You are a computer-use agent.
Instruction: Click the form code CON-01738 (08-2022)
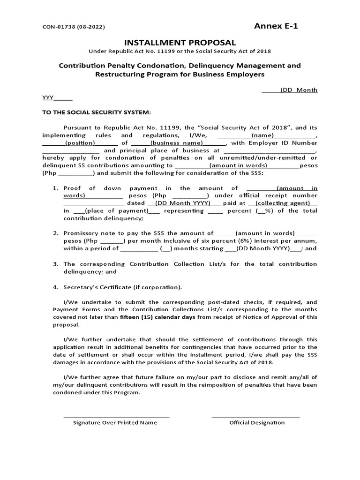tap(74, 27)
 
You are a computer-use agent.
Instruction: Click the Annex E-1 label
tap(276, 26)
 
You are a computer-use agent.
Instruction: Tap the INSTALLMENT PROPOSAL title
tap(180, 43)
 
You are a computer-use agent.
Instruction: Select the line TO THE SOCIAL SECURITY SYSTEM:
tap(97, 112)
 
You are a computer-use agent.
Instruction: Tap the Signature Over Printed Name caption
tap(115, 422)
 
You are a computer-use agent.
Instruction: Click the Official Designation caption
tap(257, 422)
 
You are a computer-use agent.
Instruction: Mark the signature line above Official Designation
tap(255, 417)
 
